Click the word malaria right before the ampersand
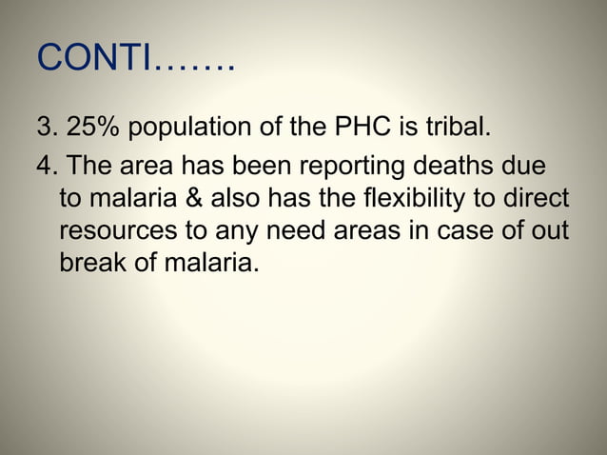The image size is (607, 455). click(x=129, y=200)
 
